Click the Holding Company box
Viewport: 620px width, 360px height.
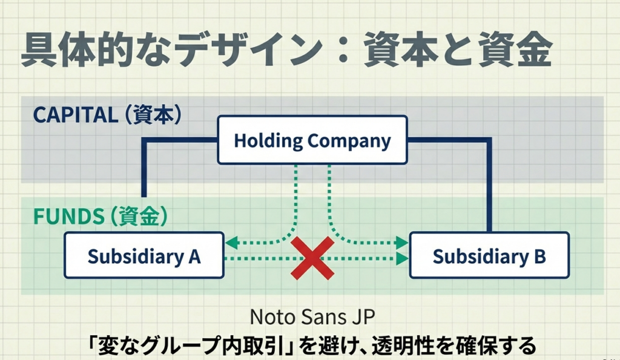coord(312,140)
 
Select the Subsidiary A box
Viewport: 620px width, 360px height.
coord(143,256)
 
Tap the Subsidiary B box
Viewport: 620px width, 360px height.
coord(489,256)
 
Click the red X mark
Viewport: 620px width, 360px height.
coord(312,258)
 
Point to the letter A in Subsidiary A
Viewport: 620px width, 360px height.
coord(194,257)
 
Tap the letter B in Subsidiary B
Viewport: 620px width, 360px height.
coord(539,257)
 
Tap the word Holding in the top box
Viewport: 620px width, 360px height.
coord(268,141)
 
